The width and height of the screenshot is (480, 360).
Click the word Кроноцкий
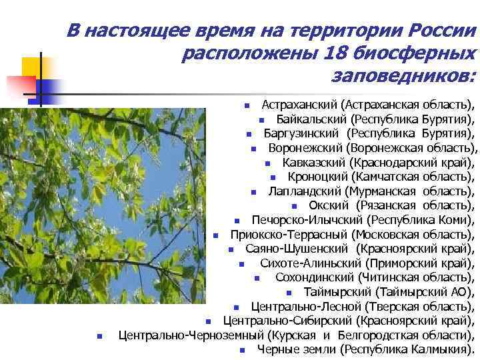(317, 177)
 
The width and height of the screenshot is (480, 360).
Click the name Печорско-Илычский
(303, 220)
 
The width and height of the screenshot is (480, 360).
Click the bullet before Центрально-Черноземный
(99, 335)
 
